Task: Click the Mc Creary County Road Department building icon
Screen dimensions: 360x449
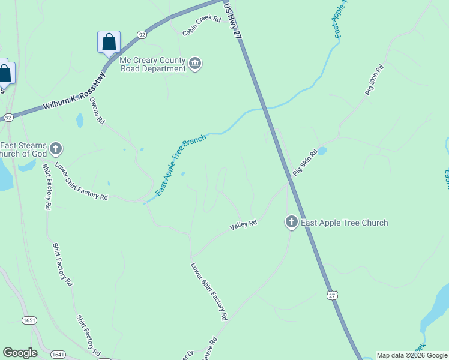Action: coord(194,64)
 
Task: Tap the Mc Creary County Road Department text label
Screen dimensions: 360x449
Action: coord(153,65)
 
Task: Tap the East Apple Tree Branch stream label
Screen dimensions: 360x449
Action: coord(181,165)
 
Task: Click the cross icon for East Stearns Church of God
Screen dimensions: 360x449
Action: coord(56,148)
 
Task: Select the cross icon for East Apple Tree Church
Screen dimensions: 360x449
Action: coord(291,223)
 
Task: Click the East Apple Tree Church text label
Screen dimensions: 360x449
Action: coord(344,223)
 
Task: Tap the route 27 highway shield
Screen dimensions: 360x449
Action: coord(333,295)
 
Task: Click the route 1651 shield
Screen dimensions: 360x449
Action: coord(29,320)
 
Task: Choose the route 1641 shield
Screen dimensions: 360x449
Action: coord(58,354)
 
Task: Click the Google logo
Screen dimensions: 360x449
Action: coord(20,353)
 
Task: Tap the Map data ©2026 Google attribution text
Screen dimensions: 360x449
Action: coord(412,355)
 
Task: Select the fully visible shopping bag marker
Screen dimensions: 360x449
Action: coord(109,43)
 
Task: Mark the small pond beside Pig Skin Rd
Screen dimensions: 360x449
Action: coord(322,151)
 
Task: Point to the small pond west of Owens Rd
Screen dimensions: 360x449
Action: coord(80,121)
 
